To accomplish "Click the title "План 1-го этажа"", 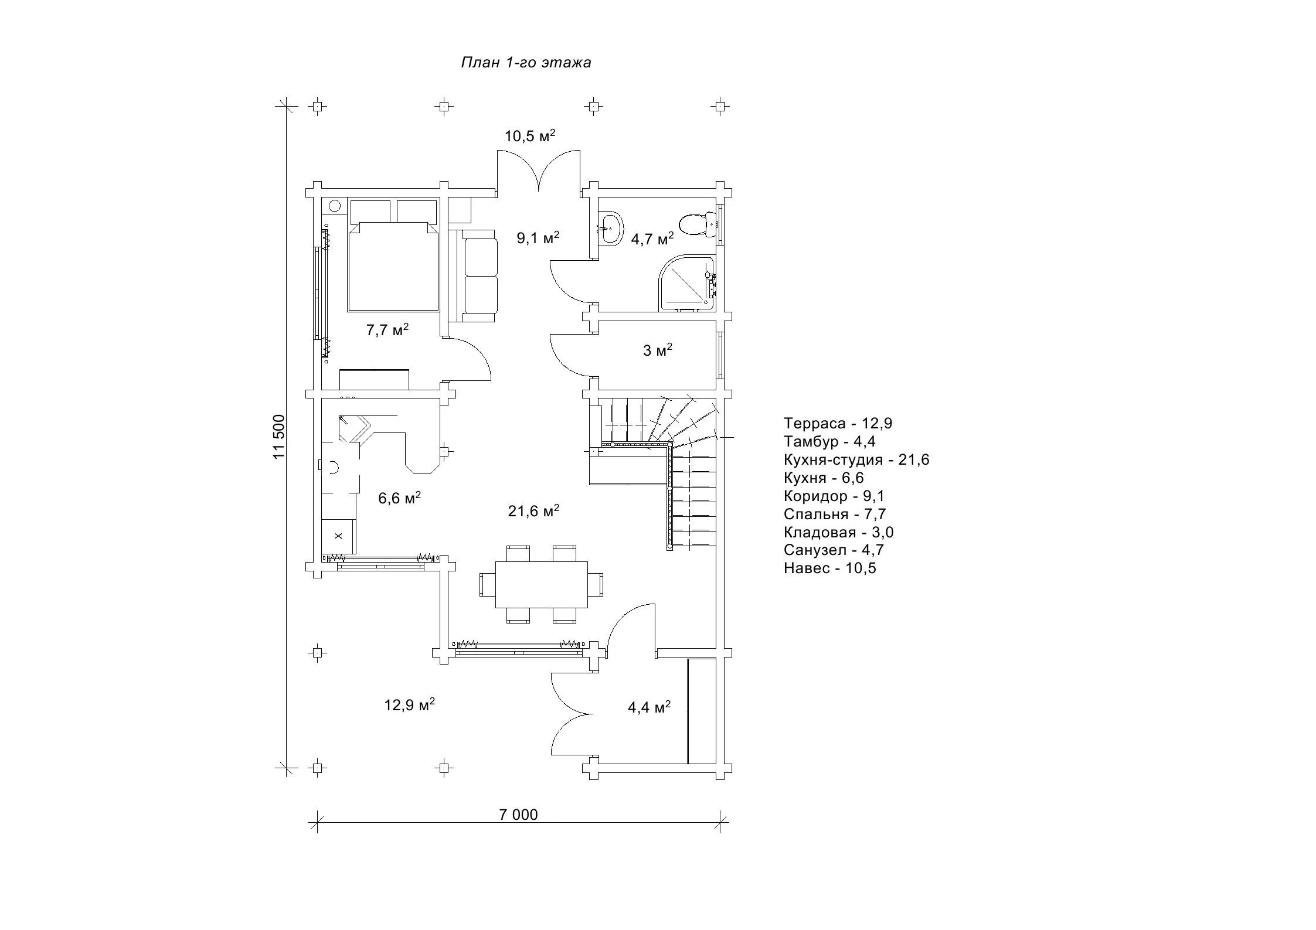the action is click(x=526, y=63).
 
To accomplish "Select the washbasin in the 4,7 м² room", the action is click(x=610, y=228).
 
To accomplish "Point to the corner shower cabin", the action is click(x=686, y=283).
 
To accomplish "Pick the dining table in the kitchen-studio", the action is click(x=541, y=585).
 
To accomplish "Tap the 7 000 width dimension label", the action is click(x=518, y=815).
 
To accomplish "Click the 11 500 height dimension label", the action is click(x=279, y=437).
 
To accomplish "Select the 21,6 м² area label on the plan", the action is click(x=533, y=511).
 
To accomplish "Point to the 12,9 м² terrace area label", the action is click(x=409, y=704).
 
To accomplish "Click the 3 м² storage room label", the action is click(x=658, y=350).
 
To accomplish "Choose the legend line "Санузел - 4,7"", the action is click(x=834, y=550).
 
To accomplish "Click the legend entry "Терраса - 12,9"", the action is click(x=838, y=423).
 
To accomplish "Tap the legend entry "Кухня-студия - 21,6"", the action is click(x=856, y=459).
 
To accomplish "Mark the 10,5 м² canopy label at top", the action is click(x=530, y=136).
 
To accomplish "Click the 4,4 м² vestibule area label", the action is click(x=650, y=707).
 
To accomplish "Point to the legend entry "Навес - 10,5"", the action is click(x=830, y=568).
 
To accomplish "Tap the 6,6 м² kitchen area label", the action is click(x=399, y=498).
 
